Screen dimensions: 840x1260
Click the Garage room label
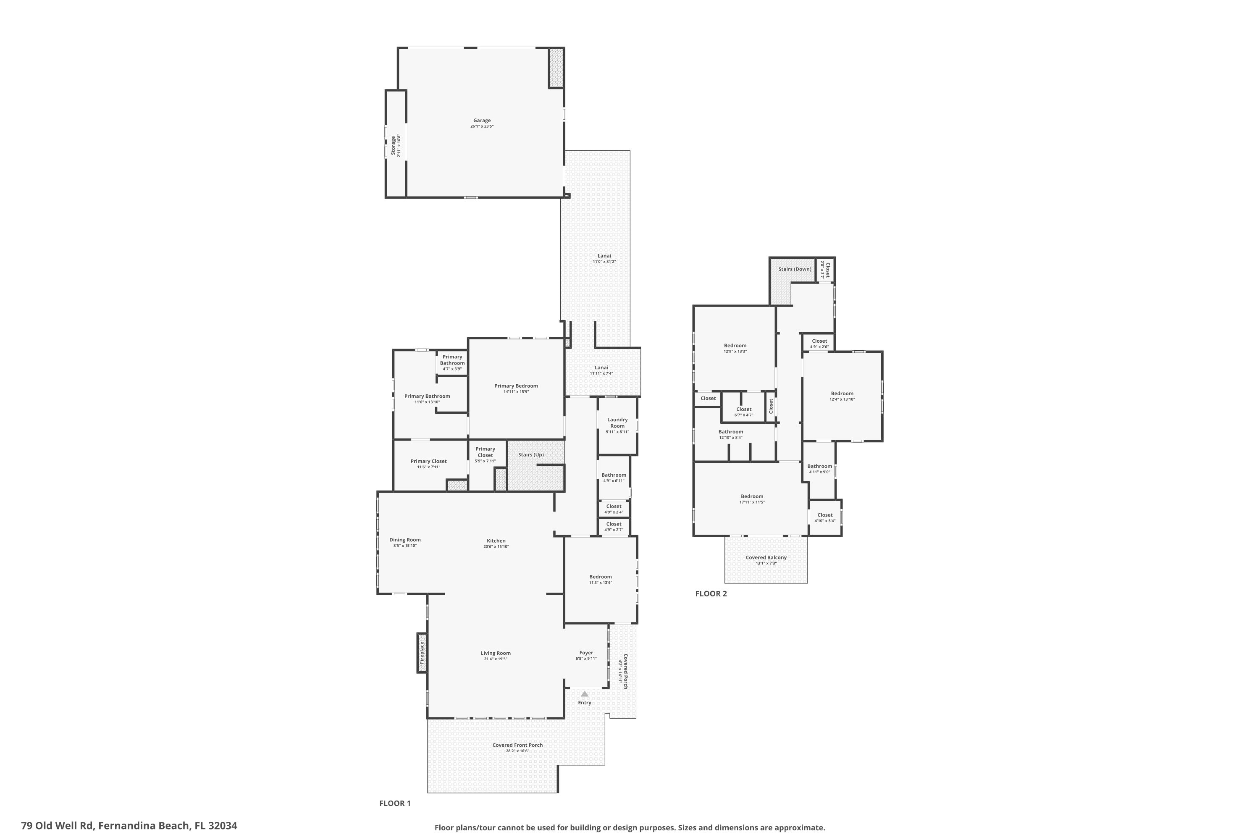[482, 121]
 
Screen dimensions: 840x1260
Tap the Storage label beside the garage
[393, 146]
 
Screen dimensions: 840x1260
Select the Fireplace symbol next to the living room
[422, 653]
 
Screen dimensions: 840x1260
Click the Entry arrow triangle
[585, 694]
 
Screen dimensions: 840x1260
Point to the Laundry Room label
[617, 423]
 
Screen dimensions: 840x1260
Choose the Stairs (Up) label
[530, 455]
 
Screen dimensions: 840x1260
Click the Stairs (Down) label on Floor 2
[795, 269]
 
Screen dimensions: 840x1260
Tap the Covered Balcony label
[766, 558]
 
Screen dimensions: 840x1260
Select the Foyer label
[586, 653]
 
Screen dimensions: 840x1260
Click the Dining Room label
[405, 540]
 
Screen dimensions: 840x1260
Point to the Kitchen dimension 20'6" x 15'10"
[496, 546]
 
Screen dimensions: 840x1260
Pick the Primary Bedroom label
[516, 386]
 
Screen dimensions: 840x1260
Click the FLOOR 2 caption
[711, 593]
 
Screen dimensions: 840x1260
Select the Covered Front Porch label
[517, 745]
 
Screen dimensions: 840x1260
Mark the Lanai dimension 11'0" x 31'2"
[604, 261]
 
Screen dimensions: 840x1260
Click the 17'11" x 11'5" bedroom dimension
[752, 502]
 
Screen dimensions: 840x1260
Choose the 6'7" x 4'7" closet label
[743, 415]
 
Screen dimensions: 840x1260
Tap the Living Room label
[496, 653]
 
